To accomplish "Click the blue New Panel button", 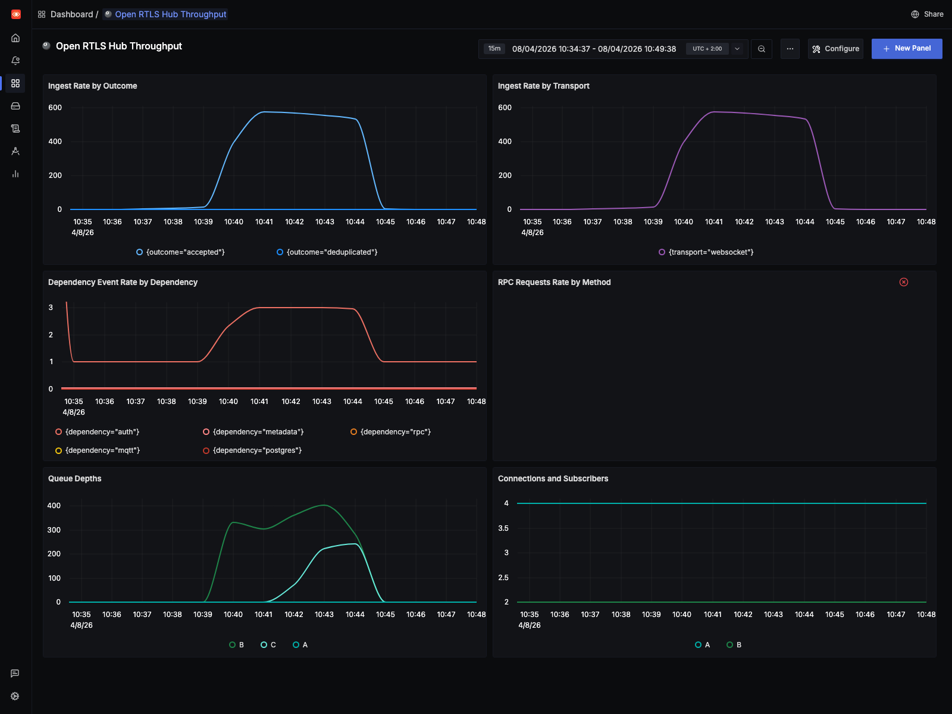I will coord(906,49).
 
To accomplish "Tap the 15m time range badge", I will coord(494,49).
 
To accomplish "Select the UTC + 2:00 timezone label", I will coord(707,49).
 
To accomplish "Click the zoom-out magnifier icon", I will coord(761,49).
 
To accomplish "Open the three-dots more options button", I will coord(790,49).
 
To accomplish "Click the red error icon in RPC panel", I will coord(903,282).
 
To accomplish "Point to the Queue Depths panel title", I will coord(75,478).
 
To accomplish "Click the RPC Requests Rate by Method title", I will coord(554,282).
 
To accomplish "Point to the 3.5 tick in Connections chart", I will coord(503,528).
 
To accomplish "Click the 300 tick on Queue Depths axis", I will coord(54,530).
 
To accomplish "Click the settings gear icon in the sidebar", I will coord(15,696).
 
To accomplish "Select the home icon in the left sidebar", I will coord(15,38).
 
